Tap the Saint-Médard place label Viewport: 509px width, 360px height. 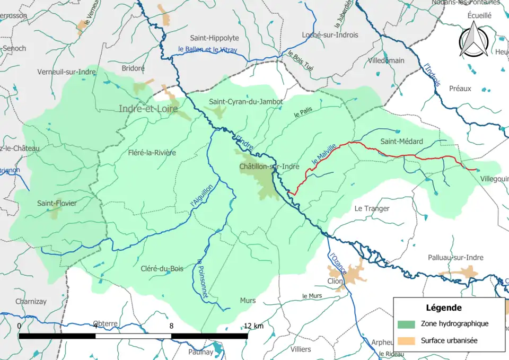click(401, 141)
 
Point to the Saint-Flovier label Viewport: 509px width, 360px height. click(57, 203)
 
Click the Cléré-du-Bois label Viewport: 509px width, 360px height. click(162, 269)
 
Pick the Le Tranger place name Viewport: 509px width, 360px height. click(372, 208)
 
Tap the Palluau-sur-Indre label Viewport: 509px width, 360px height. click(455, 258)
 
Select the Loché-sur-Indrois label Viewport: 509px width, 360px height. click(329, 35)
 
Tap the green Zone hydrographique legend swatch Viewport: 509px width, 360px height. click(406, 323)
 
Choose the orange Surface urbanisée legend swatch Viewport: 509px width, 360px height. click(406, 340)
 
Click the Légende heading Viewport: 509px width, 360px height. click(443, 308)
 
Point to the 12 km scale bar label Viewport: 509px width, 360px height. click(253, 326)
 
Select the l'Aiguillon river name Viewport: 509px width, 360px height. click(201, 195)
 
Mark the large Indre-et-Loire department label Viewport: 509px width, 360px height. click(147, 109)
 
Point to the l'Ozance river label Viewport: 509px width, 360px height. click(337, 264)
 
